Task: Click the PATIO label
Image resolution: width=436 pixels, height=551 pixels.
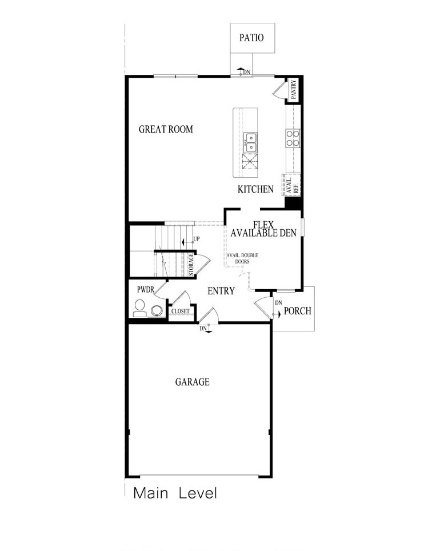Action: (251, 38)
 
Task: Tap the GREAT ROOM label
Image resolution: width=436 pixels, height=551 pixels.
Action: (166, 129)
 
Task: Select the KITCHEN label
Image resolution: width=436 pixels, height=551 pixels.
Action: (256, 189)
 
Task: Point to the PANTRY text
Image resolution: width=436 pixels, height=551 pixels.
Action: (293, 90)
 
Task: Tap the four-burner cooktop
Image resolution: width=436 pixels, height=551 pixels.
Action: (293, 138)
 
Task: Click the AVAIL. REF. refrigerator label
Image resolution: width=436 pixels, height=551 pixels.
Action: (291, 184)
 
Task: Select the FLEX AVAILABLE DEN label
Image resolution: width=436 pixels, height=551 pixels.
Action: (264, 229)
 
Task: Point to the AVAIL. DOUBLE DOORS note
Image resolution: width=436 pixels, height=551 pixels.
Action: (242, 258)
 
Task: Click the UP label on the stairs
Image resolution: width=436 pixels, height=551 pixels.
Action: (197, 238)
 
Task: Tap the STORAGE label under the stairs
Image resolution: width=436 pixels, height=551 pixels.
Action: (191, 265)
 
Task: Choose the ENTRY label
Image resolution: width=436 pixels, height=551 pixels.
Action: (221, 291)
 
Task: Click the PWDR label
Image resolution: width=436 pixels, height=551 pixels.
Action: (145, 290)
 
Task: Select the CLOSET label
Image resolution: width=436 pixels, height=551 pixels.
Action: (181, 312)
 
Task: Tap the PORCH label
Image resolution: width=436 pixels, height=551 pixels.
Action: (298, 311)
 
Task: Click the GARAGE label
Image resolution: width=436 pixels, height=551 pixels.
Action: (192, 382)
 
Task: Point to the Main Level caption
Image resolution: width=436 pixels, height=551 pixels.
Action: (175, 493)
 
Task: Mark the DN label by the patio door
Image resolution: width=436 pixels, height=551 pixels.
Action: (246, 72)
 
